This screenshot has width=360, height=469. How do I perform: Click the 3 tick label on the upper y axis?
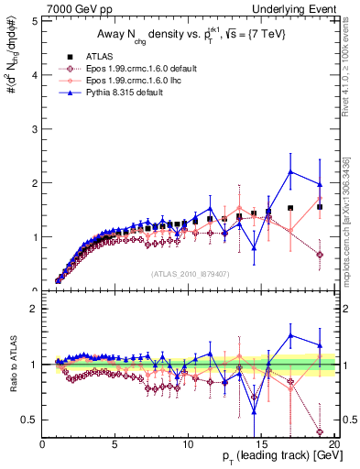pyautogui.click(x=34, y=128)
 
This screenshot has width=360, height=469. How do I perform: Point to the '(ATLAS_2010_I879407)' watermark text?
pyautogui.click(x=189, y=273)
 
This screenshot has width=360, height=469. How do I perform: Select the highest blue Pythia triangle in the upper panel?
pyautogui.click(x=290, y=171)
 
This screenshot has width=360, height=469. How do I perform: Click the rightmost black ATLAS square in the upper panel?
pyautogui.click(x=320, y=207)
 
